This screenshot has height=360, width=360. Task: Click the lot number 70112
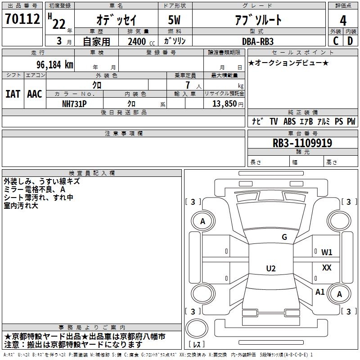pyautogui.click(x=22, y=19)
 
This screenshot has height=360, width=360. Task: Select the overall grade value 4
pyautogui.click(x=343, y=20)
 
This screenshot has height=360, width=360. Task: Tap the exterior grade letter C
pyautogui.click(x=336, y=41)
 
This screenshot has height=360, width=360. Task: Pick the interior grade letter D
pyautogui.click(x=350, y=41)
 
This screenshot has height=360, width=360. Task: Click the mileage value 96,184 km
pyautogui.click(x=55, y=65)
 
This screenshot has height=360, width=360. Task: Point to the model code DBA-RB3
pyautogui.click(x=258, y=41)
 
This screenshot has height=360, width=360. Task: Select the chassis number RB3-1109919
pyautogui.click(x=302, y=143)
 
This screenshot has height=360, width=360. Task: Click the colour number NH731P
pyautogui.click(x=74, y=104)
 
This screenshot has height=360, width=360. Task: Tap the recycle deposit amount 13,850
pyautogui.click(x=225, y=104)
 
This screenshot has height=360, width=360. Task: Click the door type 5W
pyautogui.click(x=174, y=20)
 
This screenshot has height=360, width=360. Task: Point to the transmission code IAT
pyautogui.click(x=13, y=94)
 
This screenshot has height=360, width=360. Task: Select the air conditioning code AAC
pyautogui.click(x=35, y=94)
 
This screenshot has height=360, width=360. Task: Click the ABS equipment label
pyautogui.click(x=289, y=121)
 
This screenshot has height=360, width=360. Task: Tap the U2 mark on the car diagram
pyautogui.click(x=271, y=268)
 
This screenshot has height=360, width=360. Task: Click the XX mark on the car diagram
pyautogui.click(x=327, y=267)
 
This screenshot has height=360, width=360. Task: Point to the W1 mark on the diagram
pyautogui.click(x=327, y=252)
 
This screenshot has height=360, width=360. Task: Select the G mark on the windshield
pyautogui.click(x=284, y=237)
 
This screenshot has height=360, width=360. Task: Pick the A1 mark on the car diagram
pyautogui.click(x=320, y=292)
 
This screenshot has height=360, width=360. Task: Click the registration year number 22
pyautogui.click(x=59, y=24)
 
